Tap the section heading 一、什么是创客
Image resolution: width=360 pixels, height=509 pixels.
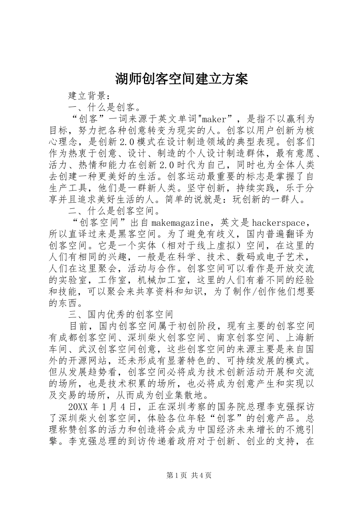tap(102, 107)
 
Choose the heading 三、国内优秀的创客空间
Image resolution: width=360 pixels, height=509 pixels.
tap(121, 315)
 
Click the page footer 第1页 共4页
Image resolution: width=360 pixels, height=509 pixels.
tap(180, 475)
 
